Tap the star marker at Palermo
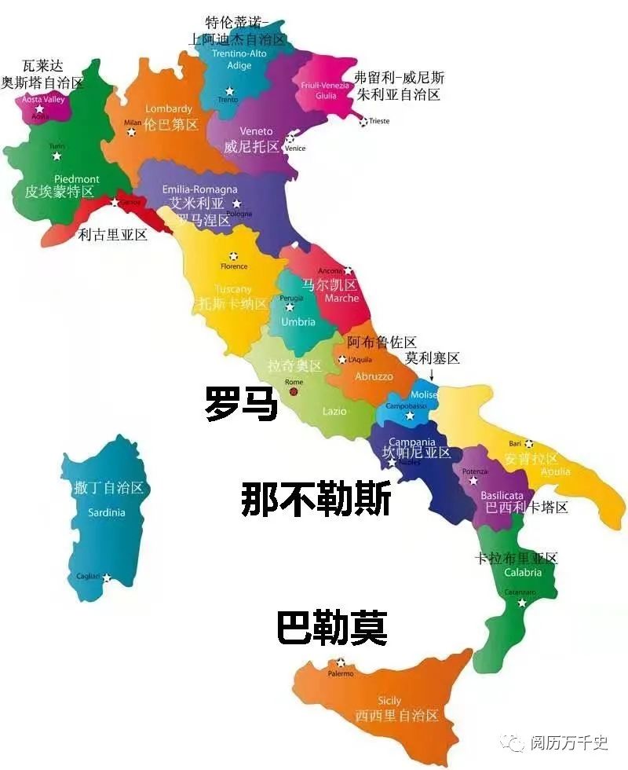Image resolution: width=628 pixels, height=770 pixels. tap(340, 662)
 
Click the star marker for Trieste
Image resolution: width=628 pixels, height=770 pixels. tap(363, 121)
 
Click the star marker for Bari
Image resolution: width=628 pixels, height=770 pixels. tap(529, 444)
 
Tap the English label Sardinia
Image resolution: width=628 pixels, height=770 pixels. tap(107, 512)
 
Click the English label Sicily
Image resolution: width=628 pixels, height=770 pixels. tap(389, 700)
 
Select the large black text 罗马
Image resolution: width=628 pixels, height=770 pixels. tap(241, 403)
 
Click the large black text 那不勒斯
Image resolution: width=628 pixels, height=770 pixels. tap(316, 500)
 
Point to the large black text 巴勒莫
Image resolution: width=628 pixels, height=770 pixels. tap(332, 629)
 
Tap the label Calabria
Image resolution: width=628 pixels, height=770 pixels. tap(522, 573)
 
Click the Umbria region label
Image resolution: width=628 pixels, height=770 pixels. tap(298, 321)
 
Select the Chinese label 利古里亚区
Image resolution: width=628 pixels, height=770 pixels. tap(113, 234)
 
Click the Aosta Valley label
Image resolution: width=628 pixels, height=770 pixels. tap(43, 100)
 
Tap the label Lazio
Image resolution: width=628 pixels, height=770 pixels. tap(334, 411)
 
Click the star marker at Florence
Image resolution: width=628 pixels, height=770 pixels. tap(233, 256)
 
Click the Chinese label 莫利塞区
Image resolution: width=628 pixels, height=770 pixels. tap(432, 358)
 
